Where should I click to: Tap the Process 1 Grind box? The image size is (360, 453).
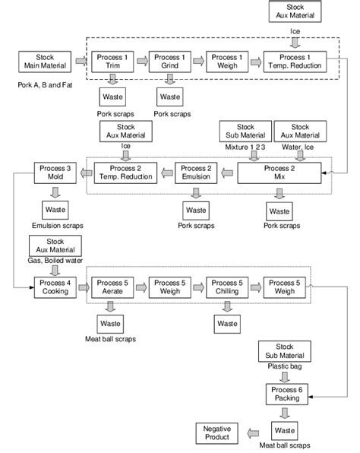[x=169, y=61]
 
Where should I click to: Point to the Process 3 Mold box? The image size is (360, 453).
[x=55, y=173]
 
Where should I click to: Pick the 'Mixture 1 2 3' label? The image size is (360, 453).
[x=243, y=146]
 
